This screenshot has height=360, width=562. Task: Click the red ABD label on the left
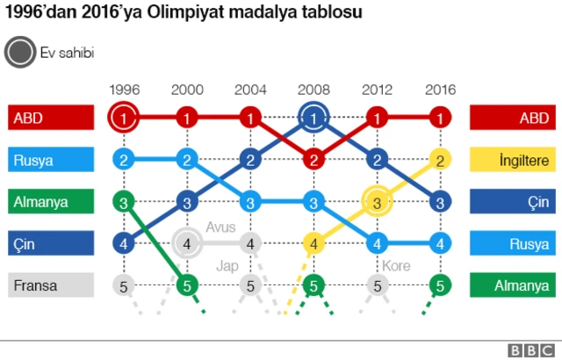51,118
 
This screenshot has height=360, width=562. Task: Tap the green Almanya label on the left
51,201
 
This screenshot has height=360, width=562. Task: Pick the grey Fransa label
51,284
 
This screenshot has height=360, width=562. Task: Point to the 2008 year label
313,89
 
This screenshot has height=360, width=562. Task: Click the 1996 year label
124,89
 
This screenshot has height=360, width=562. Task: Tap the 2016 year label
440,89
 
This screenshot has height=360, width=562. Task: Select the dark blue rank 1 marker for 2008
313,117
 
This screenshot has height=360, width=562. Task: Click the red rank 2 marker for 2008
313,159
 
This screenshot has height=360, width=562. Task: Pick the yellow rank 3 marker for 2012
377,201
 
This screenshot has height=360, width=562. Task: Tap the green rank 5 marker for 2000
187,284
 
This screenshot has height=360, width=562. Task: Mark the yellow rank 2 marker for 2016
440,159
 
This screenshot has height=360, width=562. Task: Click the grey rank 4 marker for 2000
187,242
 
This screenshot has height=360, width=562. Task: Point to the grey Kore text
396,265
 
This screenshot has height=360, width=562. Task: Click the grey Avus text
220,227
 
